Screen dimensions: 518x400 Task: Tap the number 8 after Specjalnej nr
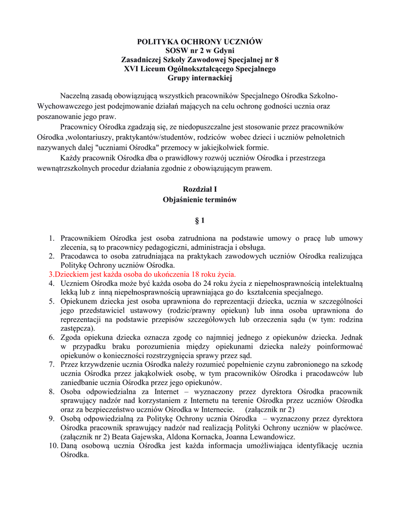pyautogui.click(x=276, y=59)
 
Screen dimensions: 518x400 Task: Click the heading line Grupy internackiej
pyautogui.click(x=200, y=77)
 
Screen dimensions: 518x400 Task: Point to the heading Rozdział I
pyautogui.click(x=200, y=189)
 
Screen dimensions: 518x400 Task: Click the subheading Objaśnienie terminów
pyautogui.click(x=200, y=200)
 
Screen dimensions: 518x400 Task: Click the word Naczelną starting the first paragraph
pyautogui.click(x=77, y=96)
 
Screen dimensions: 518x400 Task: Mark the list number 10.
pyautogui.click(x=53, y=446)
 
